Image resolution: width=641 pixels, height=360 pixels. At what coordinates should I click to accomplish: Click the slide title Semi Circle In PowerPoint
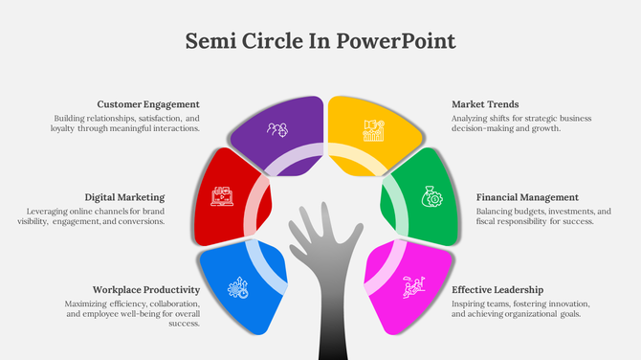click(320, 41)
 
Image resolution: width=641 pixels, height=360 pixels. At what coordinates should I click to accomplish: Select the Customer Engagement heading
click(148, 104)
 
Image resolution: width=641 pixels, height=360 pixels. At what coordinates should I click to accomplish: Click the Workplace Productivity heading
click(146, 289)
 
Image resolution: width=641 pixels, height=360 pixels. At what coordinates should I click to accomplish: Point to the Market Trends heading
click(485, 104)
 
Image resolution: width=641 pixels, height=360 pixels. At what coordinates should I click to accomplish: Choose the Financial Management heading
click(527, 197)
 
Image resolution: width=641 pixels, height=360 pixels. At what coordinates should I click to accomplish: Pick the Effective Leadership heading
click(497, 289)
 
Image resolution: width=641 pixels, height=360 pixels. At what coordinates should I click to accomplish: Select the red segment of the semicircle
click(230, 191)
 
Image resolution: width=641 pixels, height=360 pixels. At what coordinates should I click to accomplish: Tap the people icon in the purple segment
click(277, 128)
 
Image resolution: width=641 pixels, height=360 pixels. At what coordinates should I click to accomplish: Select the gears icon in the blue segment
click(237, 286)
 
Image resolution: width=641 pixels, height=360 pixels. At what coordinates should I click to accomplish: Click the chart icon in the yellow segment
click(373, 129)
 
